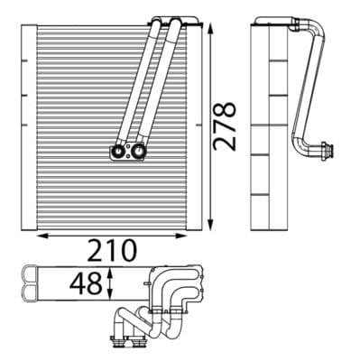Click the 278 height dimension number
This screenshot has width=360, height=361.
tap(226, 125)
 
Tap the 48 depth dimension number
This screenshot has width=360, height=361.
tap(87, 287)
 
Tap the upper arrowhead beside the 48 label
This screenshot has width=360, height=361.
tap(110, 270)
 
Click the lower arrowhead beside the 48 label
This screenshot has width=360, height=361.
tap(110, 303)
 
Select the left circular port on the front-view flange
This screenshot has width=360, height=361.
tap(117, 152)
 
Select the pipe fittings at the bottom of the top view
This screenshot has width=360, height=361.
tap(131, 338)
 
